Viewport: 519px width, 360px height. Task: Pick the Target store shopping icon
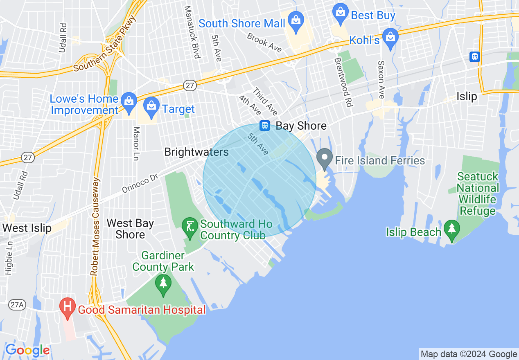pos(151,106)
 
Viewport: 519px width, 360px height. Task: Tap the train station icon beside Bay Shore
pos(265,125)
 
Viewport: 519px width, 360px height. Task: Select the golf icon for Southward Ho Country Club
pos(190,225)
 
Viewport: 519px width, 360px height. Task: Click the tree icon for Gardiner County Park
pos(163,283)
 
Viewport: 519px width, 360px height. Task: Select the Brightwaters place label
pos(196,152)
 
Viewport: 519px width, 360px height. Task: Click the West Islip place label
pos(27,228)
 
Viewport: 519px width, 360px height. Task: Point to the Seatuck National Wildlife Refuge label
pos(478,193)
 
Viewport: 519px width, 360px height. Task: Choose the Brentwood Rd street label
pos(343,82)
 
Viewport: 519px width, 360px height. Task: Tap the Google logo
pos(27,350)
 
